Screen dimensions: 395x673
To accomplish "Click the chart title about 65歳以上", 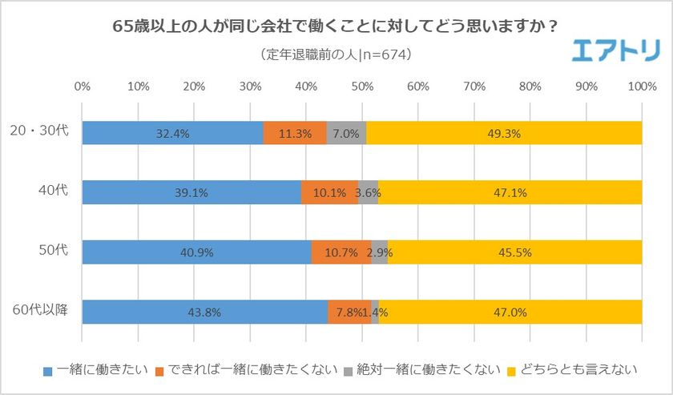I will [x=336, y=25].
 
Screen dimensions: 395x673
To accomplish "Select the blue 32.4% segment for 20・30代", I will [x=172, y=134].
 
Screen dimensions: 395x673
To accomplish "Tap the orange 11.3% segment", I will [x=295, y=134].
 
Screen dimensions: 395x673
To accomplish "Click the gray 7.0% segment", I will [x=346, y=134].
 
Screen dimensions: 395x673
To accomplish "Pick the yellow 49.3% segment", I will [x=504, y=134].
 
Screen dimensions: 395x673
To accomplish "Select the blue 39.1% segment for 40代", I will [x=191, y=193].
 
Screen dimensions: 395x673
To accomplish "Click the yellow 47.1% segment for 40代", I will [x=510, y=193].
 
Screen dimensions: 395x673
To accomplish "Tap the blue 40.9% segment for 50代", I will [x=196, y=252].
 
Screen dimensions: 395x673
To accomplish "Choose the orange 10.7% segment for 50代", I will [x=341, y=252].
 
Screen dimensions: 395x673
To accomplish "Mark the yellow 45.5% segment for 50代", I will [x=514, y=252].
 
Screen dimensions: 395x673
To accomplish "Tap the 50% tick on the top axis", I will [x=361, y=86].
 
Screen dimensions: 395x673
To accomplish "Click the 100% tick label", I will [x=641, y=86].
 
